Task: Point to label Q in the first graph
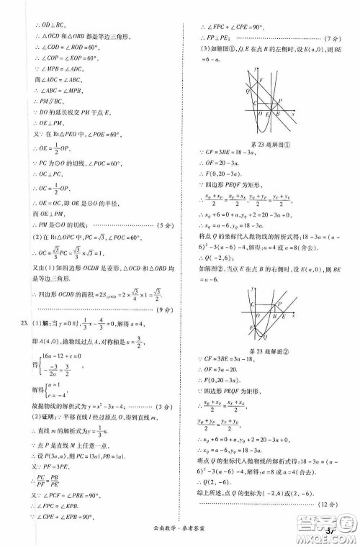248,91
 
